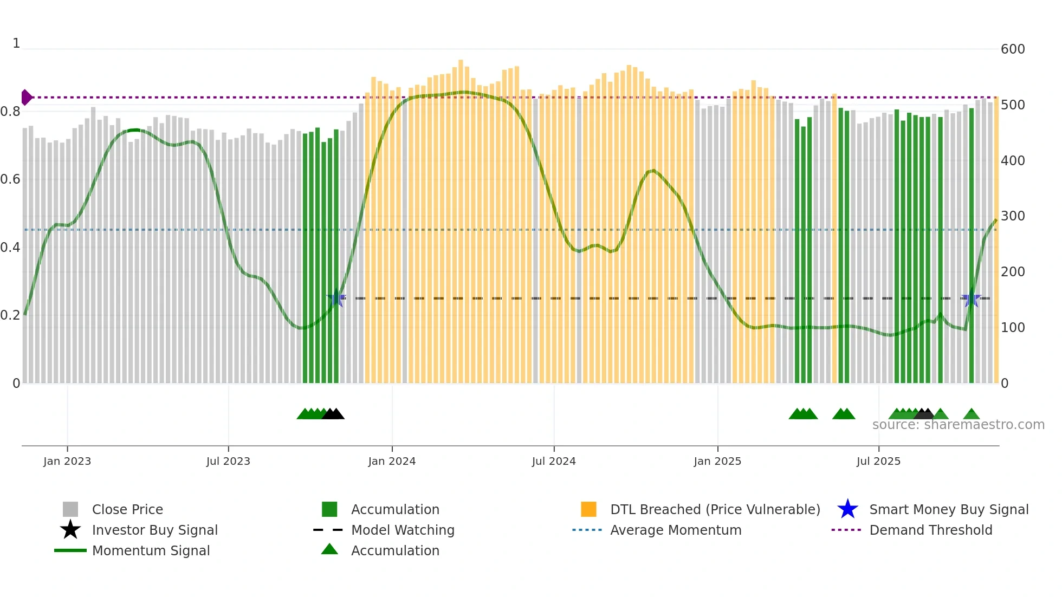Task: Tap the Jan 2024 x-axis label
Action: [x=392, y=461]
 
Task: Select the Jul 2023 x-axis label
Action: [x=228, y=461]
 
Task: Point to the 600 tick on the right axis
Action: [x=1013, y=49]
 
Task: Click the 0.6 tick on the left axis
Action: [x=10, y=179]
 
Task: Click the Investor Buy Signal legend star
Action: [x=70, y=530]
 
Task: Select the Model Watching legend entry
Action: [x=402, y=530]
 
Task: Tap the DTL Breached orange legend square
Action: [x=588, y=509]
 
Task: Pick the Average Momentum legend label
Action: [x=676, y=530]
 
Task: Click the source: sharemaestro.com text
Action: [x=958, y=425]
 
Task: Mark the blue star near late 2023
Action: [x=336, y=298]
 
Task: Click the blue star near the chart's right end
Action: [x=971, y=298]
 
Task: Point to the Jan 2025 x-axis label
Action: [x=717, y=461]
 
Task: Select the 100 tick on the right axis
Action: [x=1013, y=328]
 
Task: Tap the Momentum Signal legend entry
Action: [x=151, y=550]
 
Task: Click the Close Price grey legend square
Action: [x=70, y=509]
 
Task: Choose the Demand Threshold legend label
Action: [x=930, y=530]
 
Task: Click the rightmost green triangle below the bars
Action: [x=971, y=414]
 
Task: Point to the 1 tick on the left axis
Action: [x=16, y=43]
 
